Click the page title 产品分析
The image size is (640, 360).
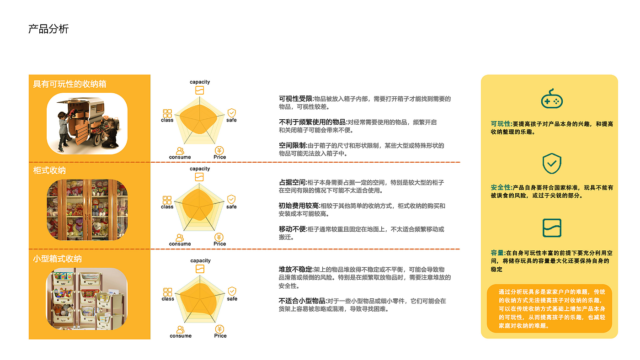pos(48,29)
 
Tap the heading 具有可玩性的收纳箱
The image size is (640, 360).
pos(70,84)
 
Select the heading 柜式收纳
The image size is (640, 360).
pos(49,170)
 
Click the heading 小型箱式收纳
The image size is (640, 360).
pos(57,259)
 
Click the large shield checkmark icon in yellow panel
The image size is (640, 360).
pos(551,163)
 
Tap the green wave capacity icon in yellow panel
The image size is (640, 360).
pos(551,228)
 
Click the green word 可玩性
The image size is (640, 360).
pos(501,124)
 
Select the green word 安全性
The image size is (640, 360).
pos(501,188)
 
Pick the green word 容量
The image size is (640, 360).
pos(497,253)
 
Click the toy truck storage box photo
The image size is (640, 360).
pos(87,123)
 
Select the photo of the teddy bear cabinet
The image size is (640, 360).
pos(87,209)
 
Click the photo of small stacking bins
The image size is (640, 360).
pos(87,299)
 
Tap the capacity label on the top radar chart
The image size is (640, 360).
pos(200,82)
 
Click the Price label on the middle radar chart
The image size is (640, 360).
pos(219,244)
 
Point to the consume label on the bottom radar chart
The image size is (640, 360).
pos(181,336)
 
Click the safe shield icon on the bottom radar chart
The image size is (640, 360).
pos(232,291)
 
